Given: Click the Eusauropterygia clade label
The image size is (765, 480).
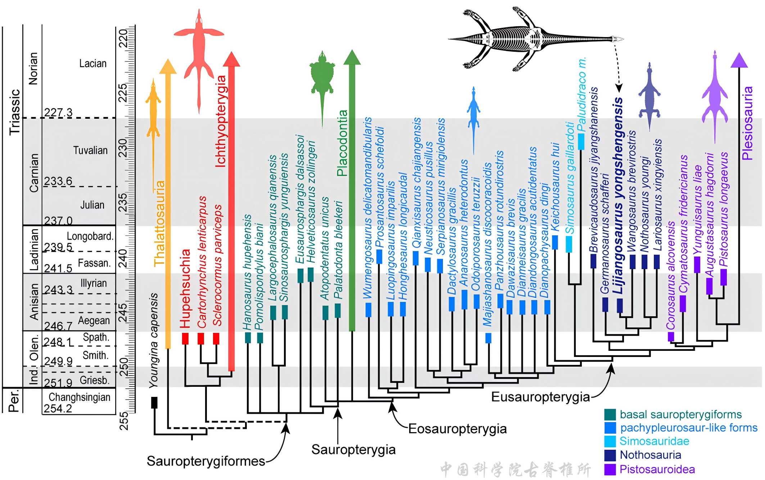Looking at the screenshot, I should click(x=540, y=397).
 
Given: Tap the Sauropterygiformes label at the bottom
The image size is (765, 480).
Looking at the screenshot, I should click(x=206, y=461).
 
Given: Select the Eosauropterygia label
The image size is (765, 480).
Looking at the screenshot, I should click(x=457, y=429).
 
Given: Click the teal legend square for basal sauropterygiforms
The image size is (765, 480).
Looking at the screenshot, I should click(x=610, y=415).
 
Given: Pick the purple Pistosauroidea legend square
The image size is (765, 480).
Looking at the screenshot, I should click(x=610, y=469).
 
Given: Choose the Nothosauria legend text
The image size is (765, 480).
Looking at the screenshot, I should click(x=650, y=455).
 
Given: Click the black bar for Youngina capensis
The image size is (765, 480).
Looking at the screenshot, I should click(x=154, y=402).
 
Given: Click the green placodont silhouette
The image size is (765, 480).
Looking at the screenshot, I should click(x=322, y=77).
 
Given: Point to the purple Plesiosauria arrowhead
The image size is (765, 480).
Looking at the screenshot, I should click(x=739, y=60).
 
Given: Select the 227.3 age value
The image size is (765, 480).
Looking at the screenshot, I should click(x=58, y=113).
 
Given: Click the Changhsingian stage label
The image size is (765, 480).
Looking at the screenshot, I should click(x=80, y=397).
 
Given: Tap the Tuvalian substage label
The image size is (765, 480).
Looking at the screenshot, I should click(x=90, y=150).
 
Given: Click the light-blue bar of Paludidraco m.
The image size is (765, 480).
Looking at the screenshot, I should click(x=581, y=141).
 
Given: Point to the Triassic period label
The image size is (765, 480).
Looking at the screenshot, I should click(x=15, y=112).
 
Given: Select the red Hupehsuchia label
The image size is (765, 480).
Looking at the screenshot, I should click(x=185, y=288).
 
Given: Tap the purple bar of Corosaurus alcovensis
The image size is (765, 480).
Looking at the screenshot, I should click(x=671, y=336).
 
